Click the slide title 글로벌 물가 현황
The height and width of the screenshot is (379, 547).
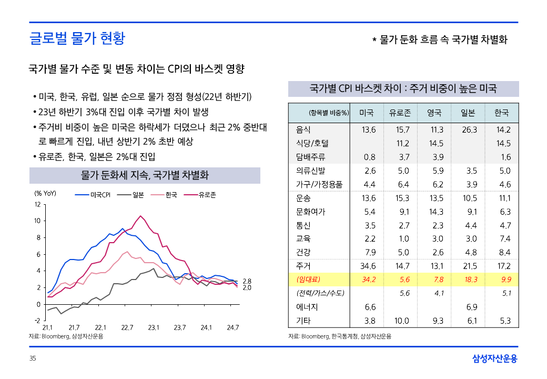[77, 38]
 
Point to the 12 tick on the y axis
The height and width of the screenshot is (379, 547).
[37, 204]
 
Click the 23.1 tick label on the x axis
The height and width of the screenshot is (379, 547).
[154, 327]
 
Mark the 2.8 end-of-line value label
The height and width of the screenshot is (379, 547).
[247, 282]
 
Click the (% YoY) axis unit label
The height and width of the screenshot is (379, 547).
[45, 193]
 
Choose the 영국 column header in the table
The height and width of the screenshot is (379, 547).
[434, 113]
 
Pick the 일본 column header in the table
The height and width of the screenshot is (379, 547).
[468, 113]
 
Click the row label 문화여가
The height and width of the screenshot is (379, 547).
[311, 212]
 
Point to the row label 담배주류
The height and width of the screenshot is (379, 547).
[311, 157]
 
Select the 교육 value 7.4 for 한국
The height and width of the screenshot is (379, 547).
[504, 238]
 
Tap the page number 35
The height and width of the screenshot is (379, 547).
[33, 358]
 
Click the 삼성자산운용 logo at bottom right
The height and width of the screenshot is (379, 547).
[494, 358]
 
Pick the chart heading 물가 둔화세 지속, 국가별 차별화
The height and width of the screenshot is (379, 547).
[145, 175]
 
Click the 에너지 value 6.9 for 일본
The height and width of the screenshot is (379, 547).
[471, 307]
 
